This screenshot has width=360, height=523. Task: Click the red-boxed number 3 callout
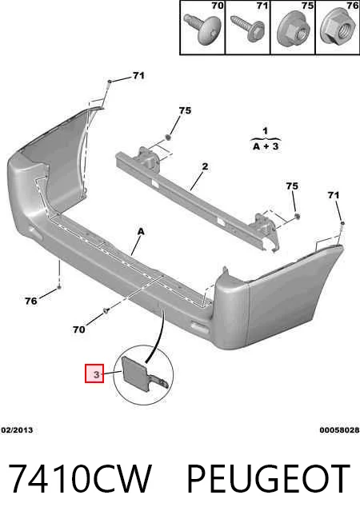(94, 373)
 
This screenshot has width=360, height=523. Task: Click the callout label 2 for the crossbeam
(205, 166)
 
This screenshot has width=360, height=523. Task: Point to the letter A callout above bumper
(141, 231)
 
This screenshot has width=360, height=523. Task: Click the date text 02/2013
(17, 430)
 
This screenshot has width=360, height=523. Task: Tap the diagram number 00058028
(339, 430)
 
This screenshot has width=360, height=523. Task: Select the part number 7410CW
(79, 478)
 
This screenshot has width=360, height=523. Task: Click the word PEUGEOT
(268, 478)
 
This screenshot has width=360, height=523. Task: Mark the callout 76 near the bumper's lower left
(31, 301)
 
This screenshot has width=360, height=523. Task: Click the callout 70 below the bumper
(79, 329)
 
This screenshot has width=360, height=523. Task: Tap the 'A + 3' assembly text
(266, 146)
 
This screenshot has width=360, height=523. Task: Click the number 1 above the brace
(265, 130)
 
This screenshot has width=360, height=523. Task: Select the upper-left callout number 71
(138, 76)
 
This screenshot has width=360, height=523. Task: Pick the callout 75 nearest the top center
(185, 110)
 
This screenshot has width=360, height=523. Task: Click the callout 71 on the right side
(334, 195)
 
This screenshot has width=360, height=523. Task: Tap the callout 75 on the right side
(292, 186)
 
